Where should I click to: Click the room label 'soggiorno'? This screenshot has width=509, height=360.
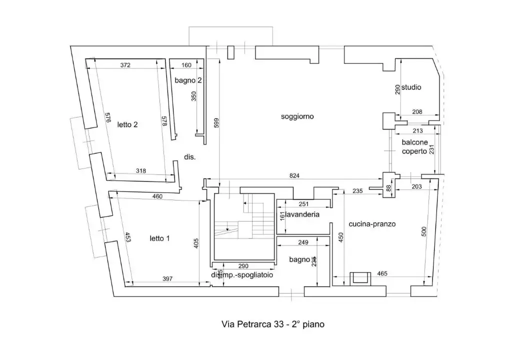[297, 116]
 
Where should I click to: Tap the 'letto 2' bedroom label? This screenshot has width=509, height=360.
[127, 125]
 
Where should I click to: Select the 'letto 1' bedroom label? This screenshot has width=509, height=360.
[159, 238]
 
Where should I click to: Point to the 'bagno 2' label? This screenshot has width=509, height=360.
[188, 80]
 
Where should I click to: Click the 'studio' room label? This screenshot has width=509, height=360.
[411, 87]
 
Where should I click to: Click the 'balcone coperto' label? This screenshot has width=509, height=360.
[414, 146]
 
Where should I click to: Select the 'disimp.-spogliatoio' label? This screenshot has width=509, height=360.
[241, 275]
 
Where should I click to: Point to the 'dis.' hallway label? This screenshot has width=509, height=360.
[189, 157]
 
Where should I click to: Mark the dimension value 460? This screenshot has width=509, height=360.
[157, 196]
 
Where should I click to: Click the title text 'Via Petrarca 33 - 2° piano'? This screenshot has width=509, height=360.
[273, 324]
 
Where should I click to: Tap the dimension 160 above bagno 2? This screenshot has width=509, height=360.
[186, 65]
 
